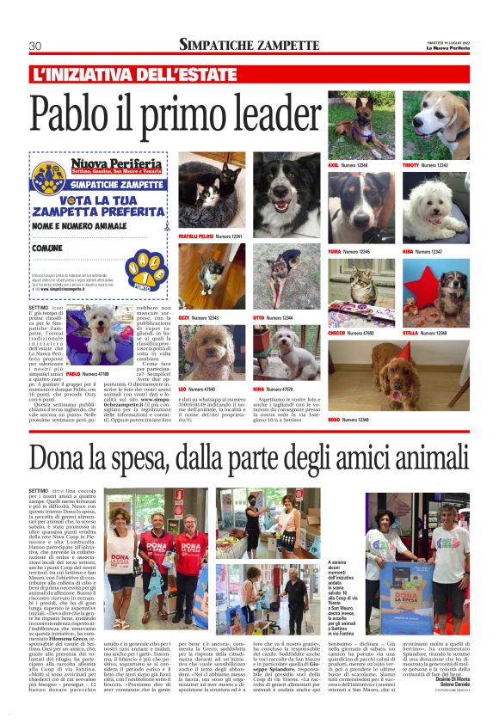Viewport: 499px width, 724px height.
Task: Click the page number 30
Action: [35, 46]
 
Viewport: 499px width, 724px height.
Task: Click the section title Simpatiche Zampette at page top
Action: [249, 44]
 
